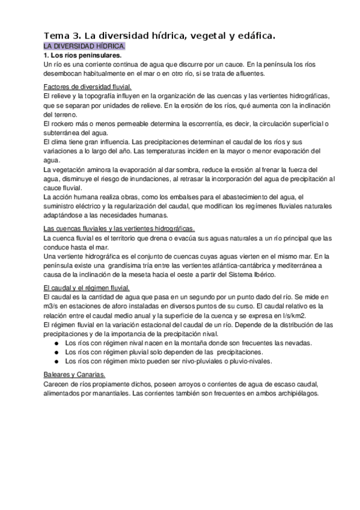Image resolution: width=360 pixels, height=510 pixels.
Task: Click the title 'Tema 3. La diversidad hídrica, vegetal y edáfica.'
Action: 159,36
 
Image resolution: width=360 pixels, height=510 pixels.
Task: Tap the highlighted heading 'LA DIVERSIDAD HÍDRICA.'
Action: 84,46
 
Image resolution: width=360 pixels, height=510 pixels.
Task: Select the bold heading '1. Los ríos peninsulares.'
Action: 83,55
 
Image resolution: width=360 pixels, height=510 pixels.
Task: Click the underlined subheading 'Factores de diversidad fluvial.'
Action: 91,86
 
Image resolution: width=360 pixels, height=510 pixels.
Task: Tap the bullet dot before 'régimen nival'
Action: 55,343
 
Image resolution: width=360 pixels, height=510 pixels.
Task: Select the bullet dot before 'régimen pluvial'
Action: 55,352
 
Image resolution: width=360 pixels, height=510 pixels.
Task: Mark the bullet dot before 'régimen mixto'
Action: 55,361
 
